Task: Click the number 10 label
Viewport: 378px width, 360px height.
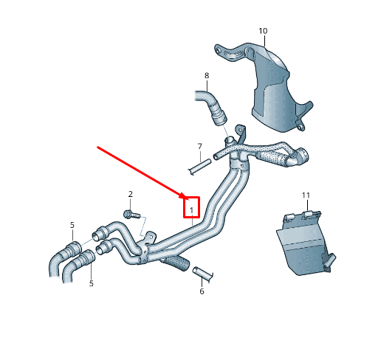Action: pos(263,31)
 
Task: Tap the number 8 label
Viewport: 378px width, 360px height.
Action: pos(207,76)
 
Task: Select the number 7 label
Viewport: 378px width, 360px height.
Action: pos(199,146)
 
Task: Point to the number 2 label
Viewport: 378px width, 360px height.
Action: pos(131,194)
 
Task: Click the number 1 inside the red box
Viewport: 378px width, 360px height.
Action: pos(192,211)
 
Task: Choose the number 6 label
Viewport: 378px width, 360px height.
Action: pos(202,291)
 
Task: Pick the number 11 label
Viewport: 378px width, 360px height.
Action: pos(306,195)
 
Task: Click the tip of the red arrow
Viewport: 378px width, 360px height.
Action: pos(187,198)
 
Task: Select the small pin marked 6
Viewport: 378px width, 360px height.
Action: pos(202,274)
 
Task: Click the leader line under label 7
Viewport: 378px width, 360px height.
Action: pos(199,156)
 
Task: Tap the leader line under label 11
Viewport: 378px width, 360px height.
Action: pos(306,205)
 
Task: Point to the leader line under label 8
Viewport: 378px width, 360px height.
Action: pos(207,86)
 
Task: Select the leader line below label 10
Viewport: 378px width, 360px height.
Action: pos(263,41)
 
